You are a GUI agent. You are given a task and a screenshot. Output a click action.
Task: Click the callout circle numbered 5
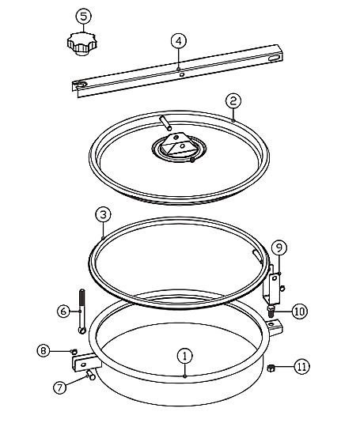[x=83, y=16]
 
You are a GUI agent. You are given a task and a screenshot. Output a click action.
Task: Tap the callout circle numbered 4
[x=179, y=41]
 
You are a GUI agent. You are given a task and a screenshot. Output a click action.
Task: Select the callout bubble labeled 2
[x=233, y=101]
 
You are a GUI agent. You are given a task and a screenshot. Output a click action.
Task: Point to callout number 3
[x=103, y=215]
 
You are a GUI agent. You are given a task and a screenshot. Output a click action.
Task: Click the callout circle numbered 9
[x=279, y=247]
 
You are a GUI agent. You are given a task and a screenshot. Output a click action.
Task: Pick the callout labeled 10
[x=300, y=312]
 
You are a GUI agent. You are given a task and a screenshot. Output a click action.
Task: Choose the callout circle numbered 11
[x=301, y=366]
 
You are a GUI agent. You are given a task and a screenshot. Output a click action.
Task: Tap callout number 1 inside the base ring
[x=185, y=356]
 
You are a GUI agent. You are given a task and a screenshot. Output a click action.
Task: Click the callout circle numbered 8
[x=44, y=351]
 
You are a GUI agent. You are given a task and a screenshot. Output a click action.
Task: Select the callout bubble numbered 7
[x=59, y=387]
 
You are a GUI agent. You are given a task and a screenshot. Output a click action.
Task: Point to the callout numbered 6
[x=64, y=312]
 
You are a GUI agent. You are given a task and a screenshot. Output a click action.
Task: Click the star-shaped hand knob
[x=82, y=43]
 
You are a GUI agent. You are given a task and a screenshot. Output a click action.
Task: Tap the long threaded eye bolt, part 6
[x=82, y=312]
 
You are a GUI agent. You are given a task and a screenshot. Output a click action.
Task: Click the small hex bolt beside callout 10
[x=271, y=312]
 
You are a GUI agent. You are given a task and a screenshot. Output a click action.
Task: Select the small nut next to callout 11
[x=271, y=368]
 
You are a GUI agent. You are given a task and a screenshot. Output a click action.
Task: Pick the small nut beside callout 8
[x=74, y=351]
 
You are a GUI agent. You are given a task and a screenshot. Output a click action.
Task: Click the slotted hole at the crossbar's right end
[x=275, y=59]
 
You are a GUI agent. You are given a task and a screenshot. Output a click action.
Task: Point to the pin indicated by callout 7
[x=90, y=375]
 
